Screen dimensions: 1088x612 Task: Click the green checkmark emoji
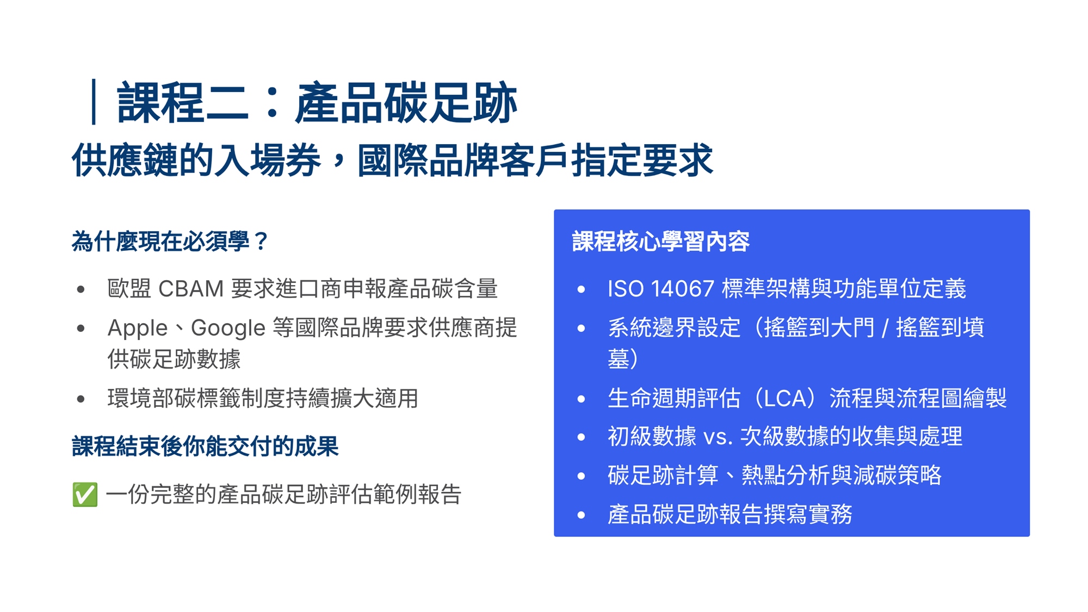pos(85,494)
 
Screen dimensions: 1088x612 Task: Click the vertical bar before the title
pos(94,102)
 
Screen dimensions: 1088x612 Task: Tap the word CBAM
pos(191,289)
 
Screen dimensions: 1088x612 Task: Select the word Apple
pos(138,328)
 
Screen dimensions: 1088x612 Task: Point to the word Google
pos(228,328)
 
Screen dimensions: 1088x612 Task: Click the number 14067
pos(682,289)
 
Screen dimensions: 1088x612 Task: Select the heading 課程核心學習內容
pos(661,242)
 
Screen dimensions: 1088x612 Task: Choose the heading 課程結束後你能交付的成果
pos(205,447)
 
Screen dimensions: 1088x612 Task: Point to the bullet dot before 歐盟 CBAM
pos(81,289)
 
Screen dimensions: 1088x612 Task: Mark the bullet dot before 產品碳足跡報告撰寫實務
pos(581,515)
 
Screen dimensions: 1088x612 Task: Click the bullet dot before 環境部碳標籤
pos(81,399)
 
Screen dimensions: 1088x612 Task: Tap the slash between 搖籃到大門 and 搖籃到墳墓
pos(885,328)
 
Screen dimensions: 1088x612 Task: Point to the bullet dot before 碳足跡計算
pos(581,476)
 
